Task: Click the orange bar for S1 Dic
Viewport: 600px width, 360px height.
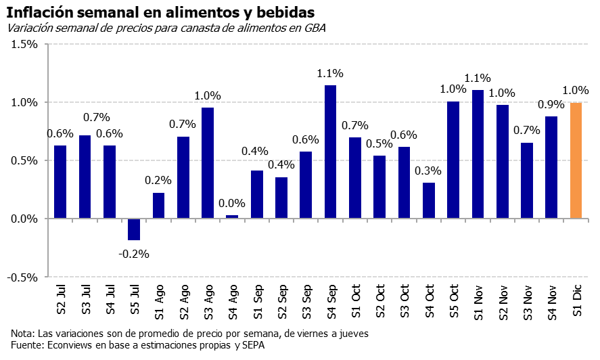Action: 576,160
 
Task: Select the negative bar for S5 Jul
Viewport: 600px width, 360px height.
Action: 134,229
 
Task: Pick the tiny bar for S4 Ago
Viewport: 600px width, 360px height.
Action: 232,217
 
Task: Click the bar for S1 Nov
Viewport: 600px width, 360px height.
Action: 478,154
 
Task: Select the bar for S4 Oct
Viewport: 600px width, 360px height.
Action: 429,200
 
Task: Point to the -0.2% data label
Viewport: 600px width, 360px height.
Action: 134,254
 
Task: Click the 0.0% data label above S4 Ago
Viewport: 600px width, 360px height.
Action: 232,202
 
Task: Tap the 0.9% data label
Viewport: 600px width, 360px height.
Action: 551,104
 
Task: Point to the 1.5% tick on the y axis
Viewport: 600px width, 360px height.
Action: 24,45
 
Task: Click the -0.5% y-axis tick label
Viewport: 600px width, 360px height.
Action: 23,277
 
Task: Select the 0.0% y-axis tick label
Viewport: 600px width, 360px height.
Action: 24,219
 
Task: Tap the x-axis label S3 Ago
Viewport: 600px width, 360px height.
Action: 208,302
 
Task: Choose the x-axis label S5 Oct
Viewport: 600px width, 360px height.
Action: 453,302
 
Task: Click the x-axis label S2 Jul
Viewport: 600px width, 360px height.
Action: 60,302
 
